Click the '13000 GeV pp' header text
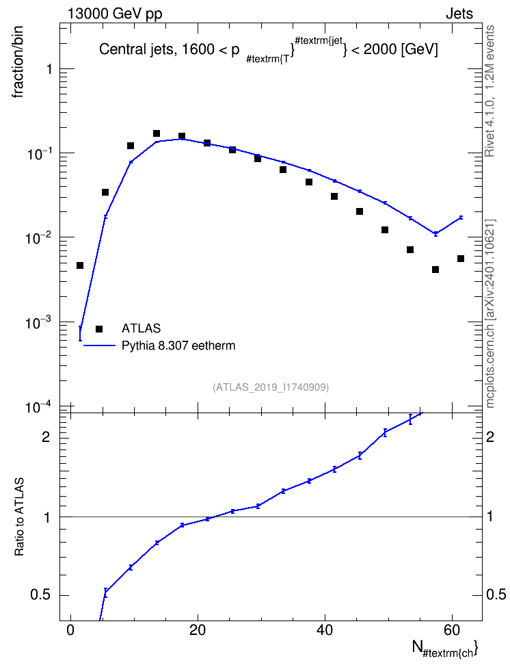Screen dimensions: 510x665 pos(115,14)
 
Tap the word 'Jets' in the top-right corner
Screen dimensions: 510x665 pos(459,14)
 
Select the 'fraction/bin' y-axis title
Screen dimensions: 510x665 pos(17,62)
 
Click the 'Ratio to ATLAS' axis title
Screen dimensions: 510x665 pos(19,517)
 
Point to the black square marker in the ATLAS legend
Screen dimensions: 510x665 pos(99,328)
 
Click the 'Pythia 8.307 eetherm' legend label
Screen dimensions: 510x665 pos(178,345)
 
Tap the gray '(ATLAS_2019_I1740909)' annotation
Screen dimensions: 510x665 pos(271,387)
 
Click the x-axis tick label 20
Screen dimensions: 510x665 pos(198,630)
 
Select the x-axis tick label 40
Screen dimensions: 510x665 pos(325,630)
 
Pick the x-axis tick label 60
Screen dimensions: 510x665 pos(452,630)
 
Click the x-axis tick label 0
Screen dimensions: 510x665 pos(70,630)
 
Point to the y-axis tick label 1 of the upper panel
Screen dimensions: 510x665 pos(49,68)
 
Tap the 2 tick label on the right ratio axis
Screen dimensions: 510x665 pos(490,436)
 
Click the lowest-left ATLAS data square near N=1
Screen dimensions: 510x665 pos(80,265)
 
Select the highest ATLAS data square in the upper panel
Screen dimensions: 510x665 pos(157,133)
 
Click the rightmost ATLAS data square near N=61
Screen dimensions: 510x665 pos(461,259)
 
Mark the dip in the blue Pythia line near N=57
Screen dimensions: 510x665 pos(435,233)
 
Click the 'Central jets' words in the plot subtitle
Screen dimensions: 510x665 pos(135,50)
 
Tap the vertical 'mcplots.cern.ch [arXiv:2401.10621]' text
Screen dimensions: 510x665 pos(490,313)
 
